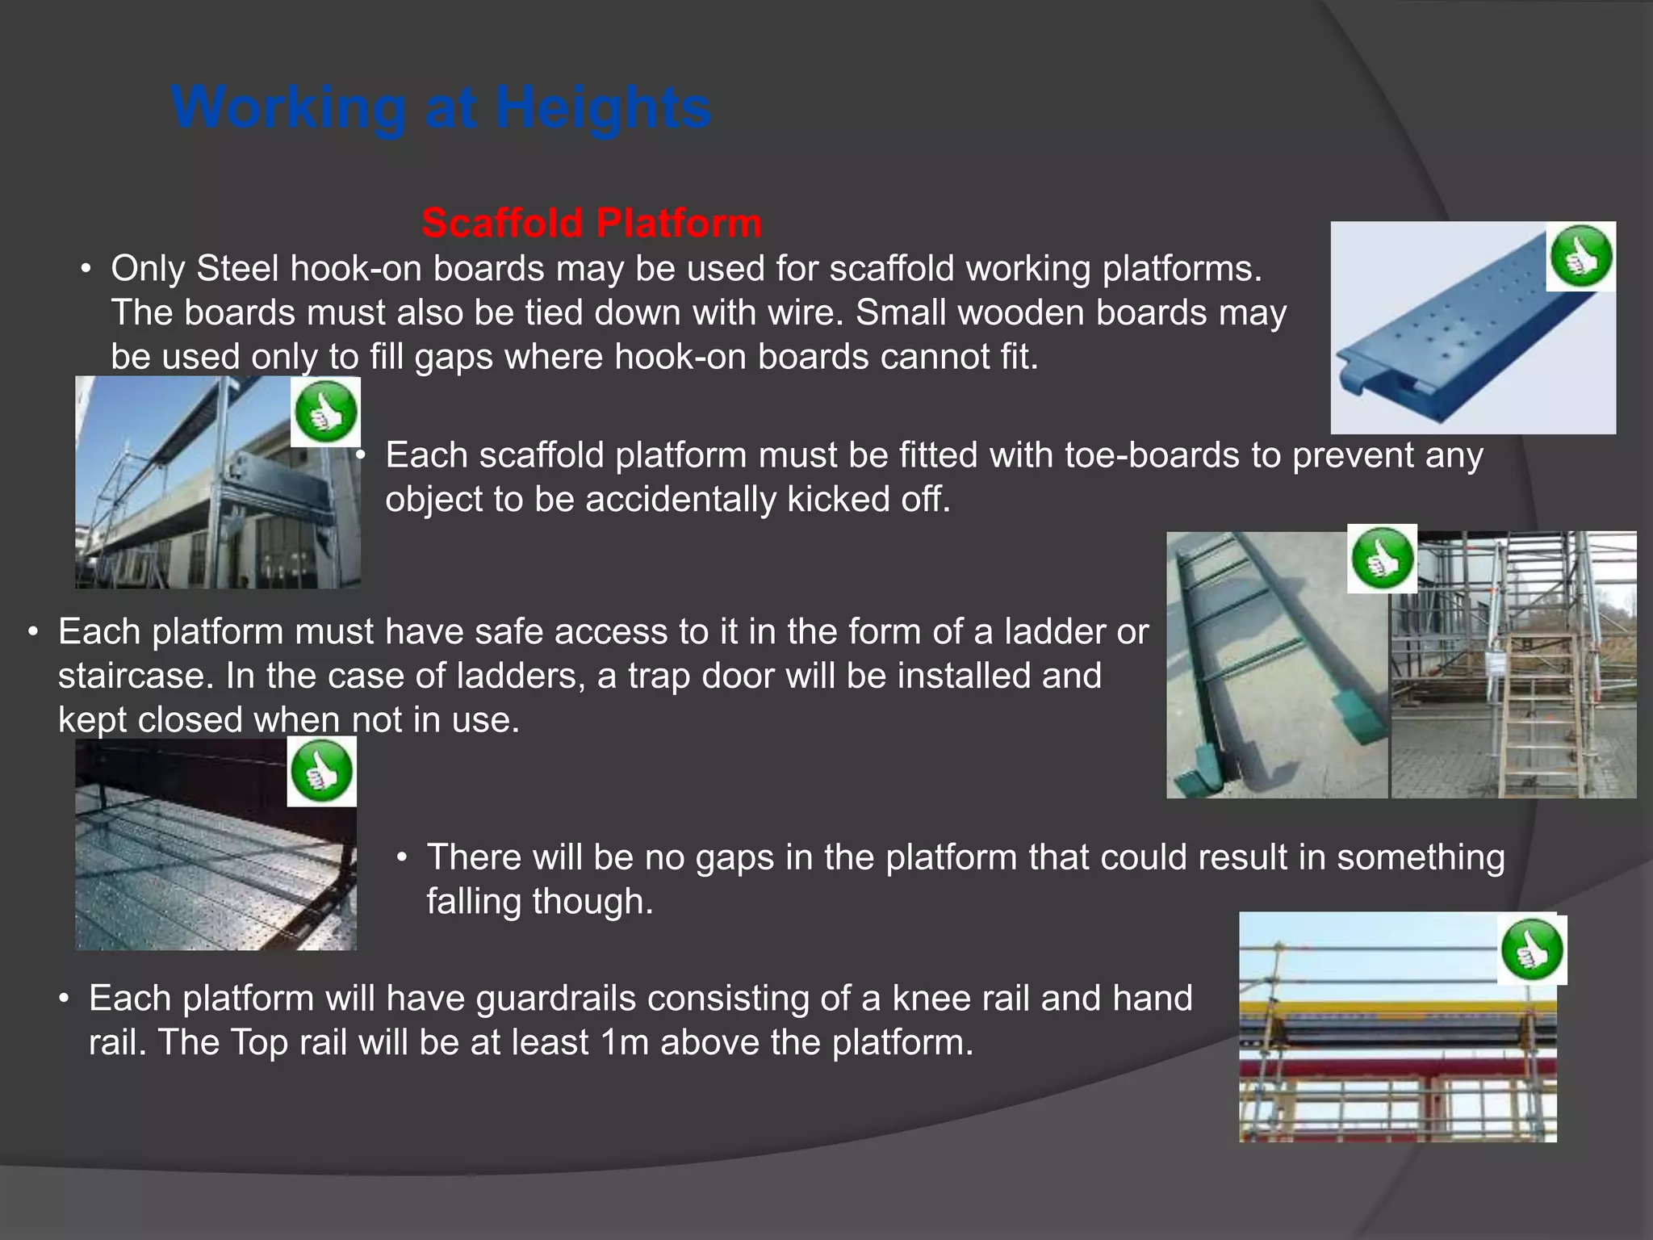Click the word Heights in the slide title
coord(603,107)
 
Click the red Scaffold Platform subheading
coord(592,223)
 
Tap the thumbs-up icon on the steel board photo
coord(1580,257)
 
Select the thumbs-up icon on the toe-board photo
coord(325,412)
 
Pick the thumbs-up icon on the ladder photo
coord(1382,559)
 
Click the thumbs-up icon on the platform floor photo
coord(322,771)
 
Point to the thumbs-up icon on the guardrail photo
coord(1532,949)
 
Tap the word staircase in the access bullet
coord(135,676)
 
